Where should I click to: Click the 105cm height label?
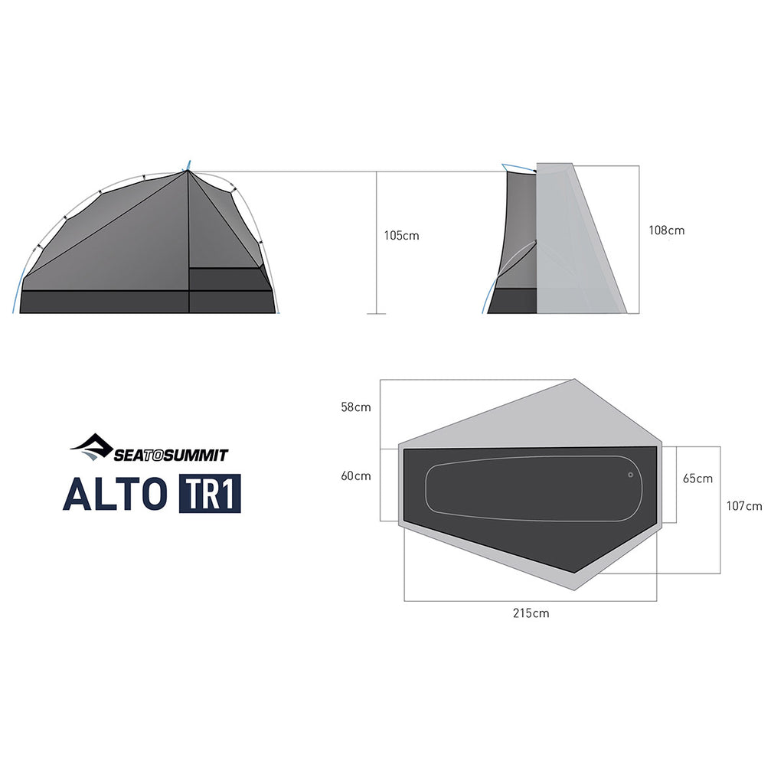[x=401, y=236]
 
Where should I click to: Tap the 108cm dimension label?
[x=667, y=230]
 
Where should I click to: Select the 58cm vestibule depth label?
[x=356, y=407]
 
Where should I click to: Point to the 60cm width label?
[x=356, y=476]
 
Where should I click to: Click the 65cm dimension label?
[x=697, y=479]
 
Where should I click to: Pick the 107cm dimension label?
[x=744, y=506]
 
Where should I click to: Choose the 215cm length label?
[x=531, y=613]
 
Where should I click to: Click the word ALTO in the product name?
[x=115, y=494]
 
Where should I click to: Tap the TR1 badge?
[x=210, y=494]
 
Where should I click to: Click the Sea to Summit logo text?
[x=171, y=455]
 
